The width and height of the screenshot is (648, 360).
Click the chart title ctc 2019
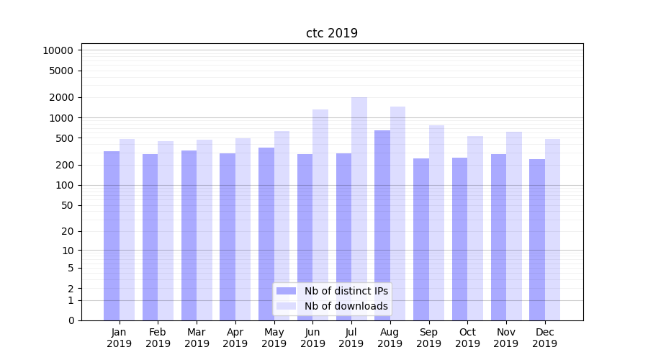click(x=332, y=33)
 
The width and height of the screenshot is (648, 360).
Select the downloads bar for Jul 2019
click(x=359, y=209)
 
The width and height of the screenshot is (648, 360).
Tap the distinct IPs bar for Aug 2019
click(x=382, y=225)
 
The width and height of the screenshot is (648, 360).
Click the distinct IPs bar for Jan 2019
click(x=112, y=235)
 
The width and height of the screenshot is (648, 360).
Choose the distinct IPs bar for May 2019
click(x=266, y=234)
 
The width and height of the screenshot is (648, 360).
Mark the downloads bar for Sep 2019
click(x=436, y=222)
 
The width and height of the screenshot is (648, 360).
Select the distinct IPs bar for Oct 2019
click(x=459, y=238)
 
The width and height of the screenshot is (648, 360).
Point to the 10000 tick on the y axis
click(x=58, y=50)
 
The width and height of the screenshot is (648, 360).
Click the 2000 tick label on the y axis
click(x=61, y=97)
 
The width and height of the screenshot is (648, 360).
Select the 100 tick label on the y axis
click(x=64, y=185)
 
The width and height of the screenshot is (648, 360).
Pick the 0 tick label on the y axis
click(x=71, y=320)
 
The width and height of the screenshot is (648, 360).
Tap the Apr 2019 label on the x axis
click(x=235, y=338)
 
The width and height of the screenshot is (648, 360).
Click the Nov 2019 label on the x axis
click(x=506, y=338)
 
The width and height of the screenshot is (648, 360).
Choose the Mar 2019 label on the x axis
click(x=197, y=338)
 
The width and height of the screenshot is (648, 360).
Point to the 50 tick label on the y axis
click(x=66, y=205)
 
